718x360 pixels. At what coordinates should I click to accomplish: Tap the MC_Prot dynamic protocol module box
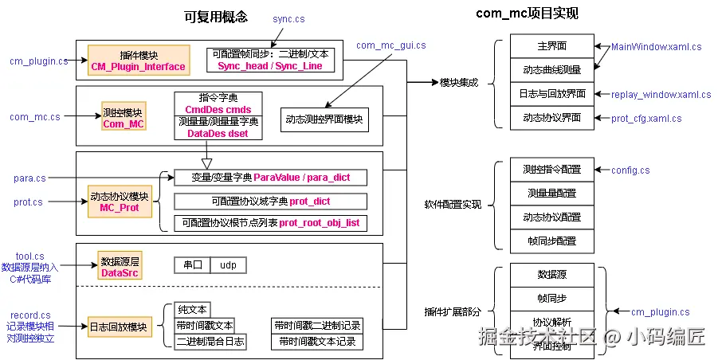coord(119,202)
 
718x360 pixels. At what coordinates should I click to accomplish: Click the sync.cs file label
coord(288,18)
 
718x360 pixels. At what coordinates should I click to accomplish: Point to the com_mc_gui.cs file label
coord(390,45)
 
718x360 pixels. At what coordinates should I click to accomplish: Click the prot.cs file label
coord(28,202)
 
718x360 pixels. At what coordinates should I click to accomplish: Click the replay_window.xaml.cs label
coord(661,94)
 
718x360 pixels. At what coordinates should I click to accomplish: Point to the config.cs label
coord(630,170)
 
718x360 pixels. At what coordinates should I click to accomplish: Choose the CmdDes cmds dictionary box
coord(218,104)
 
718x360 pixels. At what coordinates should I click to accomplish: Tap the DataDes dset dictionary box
coord(218,127)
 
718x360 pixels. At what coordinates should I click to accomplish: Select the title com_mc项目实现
coord(527,14)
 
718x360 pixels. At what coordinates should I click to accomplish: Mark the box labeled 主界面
coord(551,46)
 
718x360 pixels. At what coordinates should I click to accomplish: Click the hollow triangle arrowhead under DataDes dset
coord(207,162)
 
